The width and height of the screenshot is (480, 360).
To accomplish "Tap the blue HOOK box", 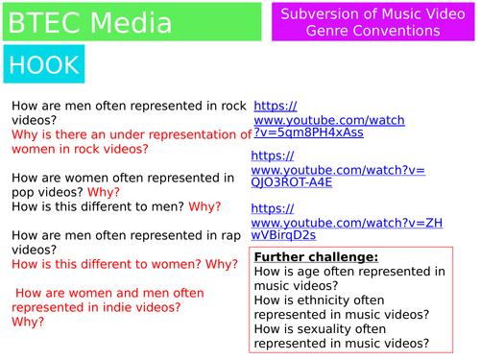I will [43, 64].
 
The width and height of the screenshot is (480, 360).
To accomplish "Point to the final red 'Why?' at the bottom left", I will [27, 322].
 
